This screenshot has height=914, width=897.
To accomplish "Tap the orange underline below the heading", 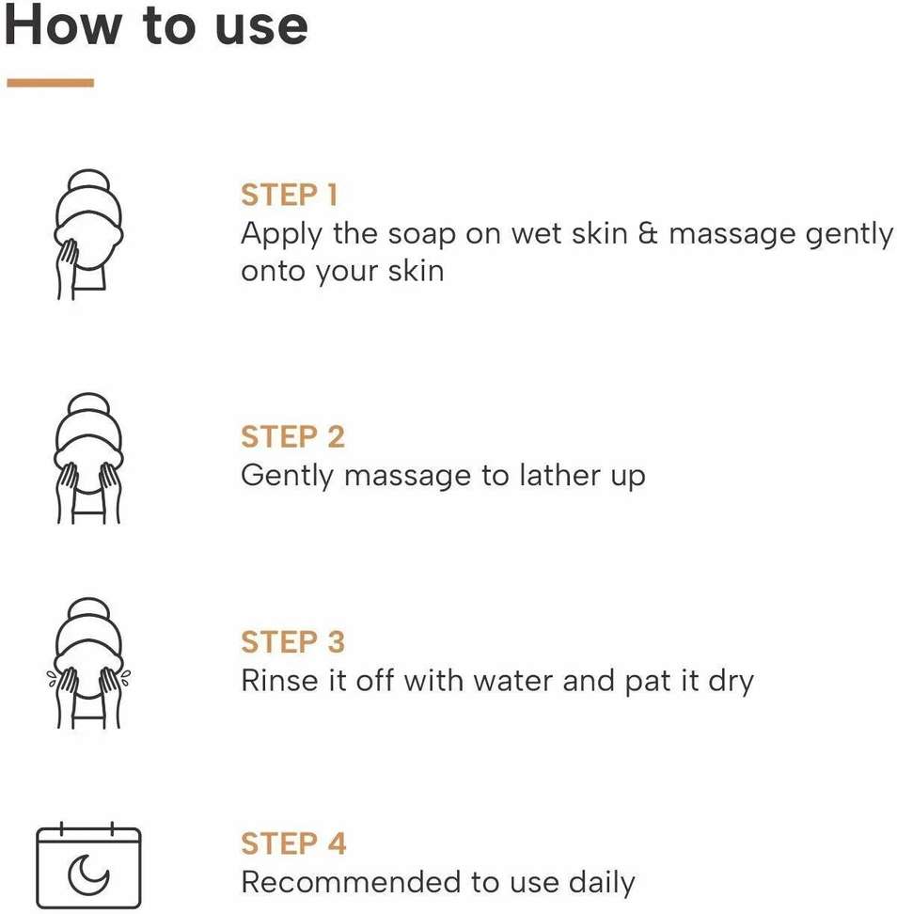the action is tap(50, 83).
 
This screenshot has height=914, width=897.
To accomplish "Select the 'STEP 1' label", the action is tap(289, 195).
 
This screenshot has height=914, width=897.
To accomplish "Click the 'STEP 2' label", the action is tap(292, 436).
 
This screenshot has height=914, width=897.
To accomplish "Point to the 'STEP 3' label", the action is tap(292, 642).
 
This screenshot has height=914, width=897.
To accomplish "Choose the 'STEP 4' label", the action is tap(293, 843).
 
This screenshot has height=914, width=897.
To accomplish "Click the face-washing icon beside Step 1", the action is tap(88, 234).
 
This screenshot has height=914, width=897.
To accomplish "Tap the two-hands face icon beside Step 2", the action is tap(88, 458).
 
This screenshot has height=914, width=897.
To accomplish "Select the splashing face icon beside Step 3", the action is tap(88, 663).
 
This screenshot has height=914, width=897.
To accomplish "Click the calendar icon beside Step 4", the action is tap(88, 865).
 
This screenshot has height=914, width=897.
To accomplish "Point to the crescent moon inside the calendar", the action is tap(87, 875).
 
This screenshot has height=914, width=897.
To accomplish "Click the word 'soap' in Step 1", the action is tap(421, 236).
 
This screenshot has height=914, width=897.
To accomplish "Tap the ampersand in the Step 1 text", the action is tap(648, 233).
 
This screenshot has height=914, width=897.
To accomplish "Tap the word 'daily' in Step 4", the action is tap(602, 884).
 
